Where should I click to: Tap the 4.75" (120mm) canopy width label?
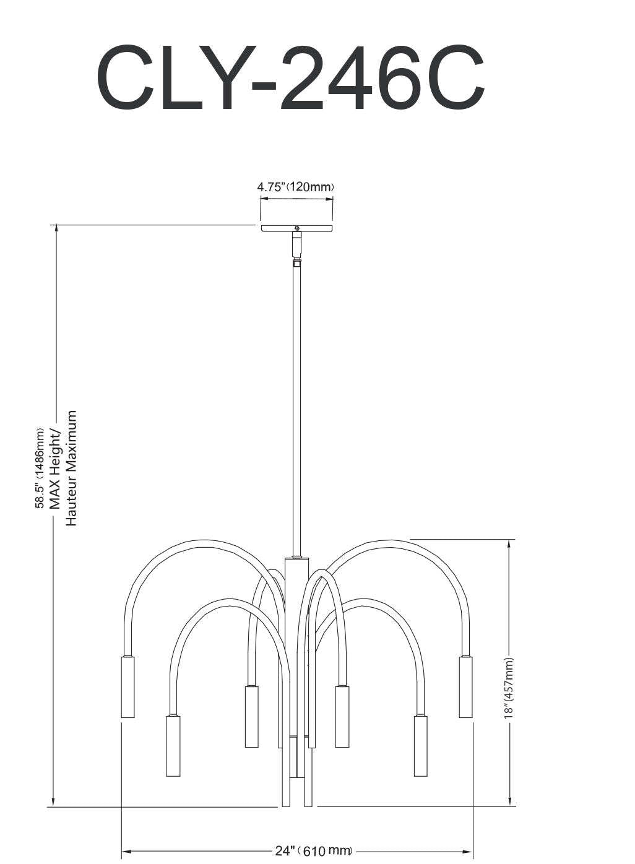pos(296,186)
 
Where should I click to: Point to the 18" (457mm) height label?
pos(509,687)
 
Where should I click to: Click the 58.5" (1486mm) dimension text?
pos(40,467)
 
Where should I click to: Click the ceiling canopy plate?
pos(296,229)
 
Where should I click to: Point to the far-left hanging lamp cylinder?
pos(127,687)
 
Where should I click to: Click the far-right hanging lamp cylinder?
pos(465,687)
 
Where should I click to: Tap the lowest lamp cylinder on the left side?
pos(173,746)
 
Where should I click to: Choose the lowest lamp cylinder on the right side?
pos(420,746)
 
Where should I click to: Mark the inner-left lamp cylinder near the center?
pos(251,716)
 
